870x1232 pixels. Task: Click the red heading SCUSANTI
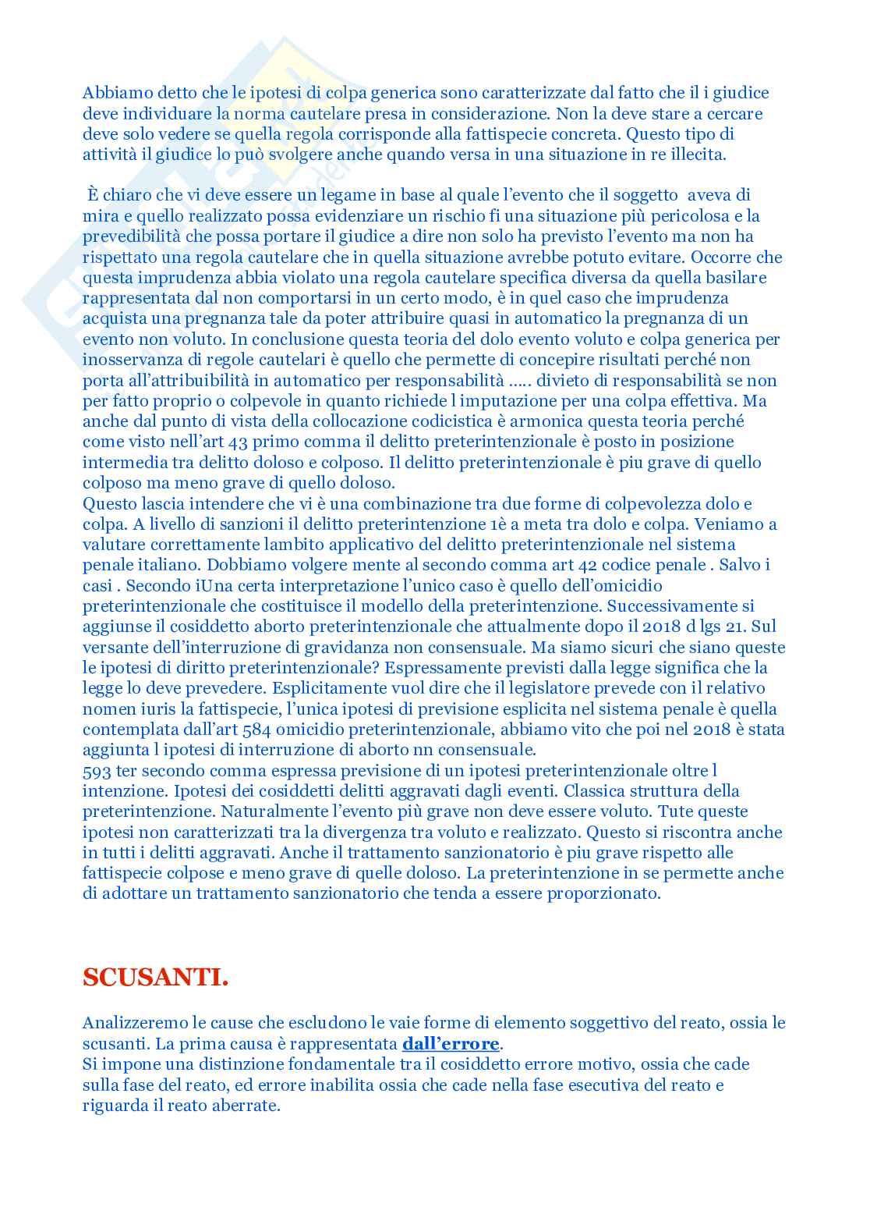pyautogui.click(x=155, y=978)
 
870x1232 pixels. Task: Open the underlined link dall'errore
pyautogui.click(x=451, y=1043)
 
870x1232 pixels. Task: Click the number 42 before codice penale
pyautogui.click(x=587, y=565)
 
